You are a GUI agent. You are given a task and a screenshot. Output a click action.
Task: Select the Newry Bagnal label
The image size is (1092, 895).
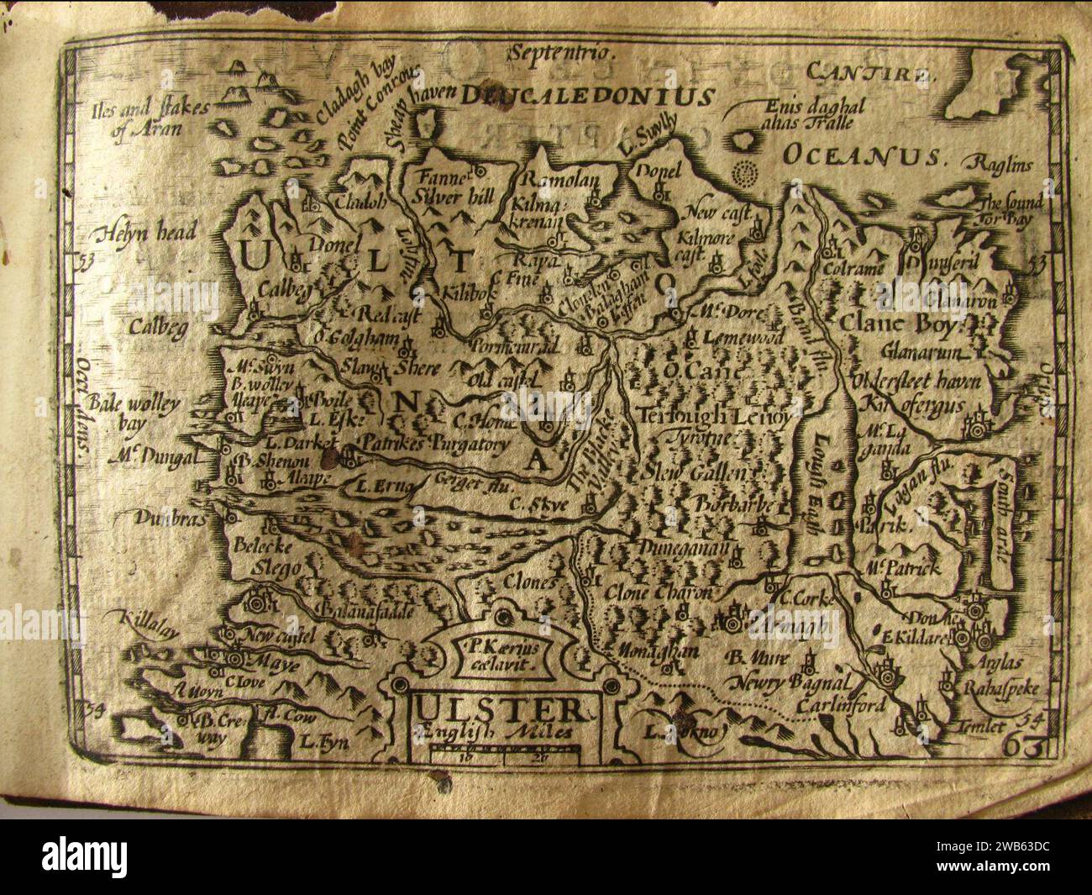click(789, 682)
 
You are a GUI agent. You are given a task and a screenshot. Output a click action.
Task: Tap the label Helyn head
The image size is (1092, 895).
click(146, 234)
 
